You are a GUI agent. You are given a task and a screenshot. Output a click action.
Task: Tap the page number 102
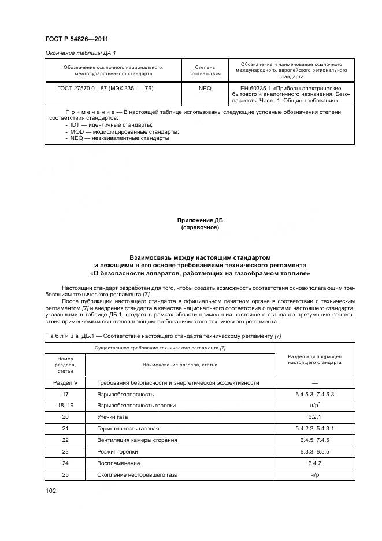coord(51,491)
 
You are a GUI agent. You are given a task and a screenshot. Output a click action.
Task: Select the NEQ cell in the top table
coord(205,89)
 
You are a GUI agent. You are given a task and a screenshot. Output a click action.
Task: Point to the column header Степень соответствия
coord(205,70)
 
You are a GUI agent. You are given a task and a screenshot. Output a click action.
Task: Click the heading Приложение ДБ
coord(200,220)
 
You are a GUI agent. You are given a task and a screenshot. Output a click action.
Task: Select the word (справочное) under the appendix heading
coord(200,227)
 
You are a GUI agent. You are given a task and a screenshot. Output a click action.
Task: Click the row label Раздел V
coord(65,382)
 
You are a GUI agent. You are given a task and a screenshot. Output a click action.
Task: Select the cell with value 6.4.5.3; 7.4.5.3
coord(315,394)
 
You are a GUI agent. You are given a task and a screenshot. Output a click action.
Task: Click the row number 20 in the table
coord(65,417)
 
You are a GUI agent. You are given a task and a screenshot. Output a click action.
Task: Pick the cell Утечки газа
coord(112,417)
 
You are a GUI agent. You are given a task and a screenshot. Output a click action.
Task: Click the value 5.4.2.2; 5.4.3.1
coord(315,428)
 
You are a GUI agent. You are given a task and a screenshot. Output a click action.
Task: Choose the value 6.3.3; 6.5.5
coord(315,451)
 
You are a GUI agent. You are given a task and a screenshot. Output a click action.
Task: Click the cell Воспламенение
coord(118,463)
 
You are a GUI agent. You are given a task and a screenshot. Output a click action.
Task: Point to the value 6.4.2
coord(315,463)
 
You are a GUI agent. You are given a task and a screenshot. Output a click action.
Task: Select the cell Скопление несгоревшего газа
coord(138,474)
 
